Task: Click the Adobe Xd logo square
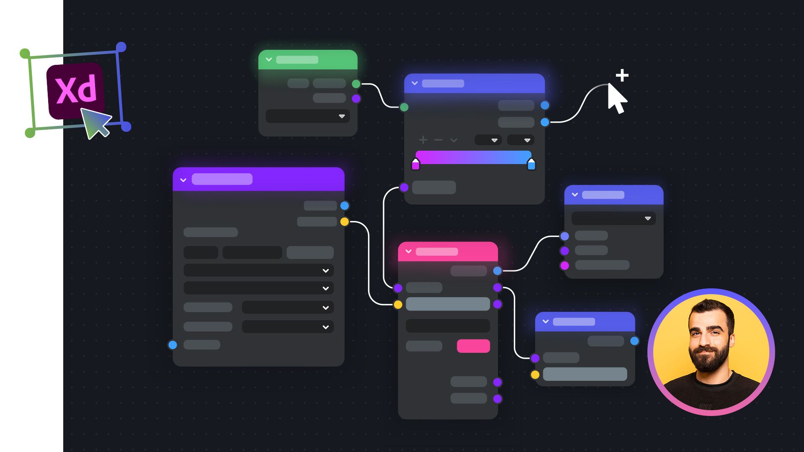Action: coord(75,90)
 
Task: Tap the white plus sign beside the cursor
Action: coord(622,75)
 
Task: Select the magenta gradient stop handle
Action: coord(415,164)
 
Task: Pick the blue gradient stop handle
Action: coord(531,164)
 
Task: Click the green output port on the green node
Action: coord(356,84)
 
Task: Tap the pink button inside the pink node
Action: coord(473,346)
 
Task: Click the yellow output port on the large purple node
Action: coord(345,222)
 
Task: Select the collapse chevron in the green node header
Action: coord(269,59)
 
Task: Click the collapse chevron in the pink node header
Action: coord(409,252)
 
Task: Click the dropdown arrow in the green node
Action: coord(342,116)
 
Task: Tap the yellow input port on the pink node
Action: coord(398,305)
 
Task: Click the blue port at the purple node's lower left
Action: coord(173,345)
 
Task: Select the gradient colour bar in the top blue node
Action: coord(473,157)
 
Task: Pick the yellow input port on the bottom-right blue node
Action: coord(535,375)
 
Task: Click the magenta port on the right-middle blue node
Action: coord(564,265)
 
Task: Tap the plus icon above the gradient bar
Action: coord(423,140)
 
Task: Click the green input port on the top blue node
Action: coord(404,107)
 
